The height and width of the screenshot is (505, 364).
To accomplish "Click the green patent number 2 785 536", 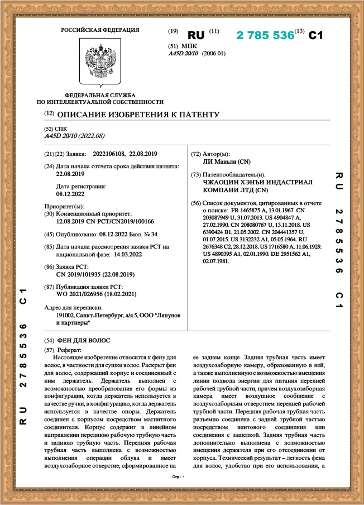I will coord(265,35).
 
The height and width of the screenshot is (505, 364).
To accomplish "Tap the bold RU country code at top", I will coord(196,35).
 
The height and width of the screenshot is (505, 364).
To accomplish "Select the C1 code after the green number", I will coord(316,35).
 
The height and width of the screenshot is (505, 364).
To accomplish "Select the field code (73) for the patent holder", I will coord(195,175).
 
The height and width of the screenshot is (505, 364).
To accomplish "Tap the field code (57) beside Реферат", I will coord(49,349).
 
